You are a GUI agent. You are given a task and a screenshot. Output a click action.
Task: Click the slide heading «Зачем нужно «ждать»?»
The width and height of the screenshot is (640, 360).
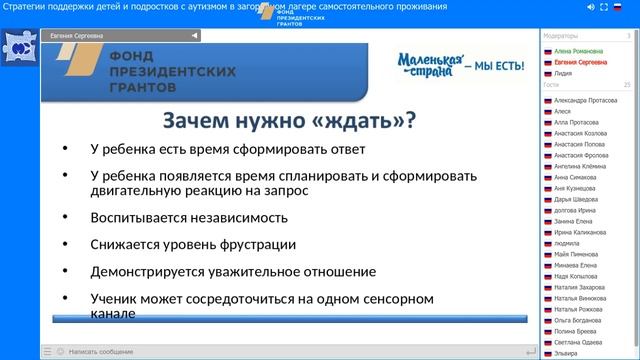(289, 122)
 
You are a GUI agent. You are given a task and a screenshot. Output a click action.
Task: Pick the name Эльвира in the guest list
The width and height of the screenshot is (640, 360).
(566, 353)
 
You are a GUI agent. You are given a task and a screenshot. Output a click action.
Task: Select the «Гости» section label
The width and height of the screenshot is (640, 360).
(552, 85)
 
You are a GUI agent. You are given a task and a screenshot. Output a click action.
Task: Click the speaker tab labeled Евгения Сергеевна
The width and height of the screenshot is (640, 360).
(75, 35)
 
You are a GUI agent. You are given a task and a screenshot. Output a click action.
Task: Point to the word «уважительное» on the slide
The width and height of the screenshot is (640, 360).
(259, 271)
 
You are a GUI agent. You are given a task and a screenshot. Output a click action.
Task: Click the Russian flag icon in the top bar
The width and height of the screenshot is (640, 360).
(617, 7)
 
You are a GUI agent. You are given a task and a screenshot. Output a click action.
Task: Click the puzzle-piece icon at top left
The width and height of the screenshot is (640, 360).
(19, 47)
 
